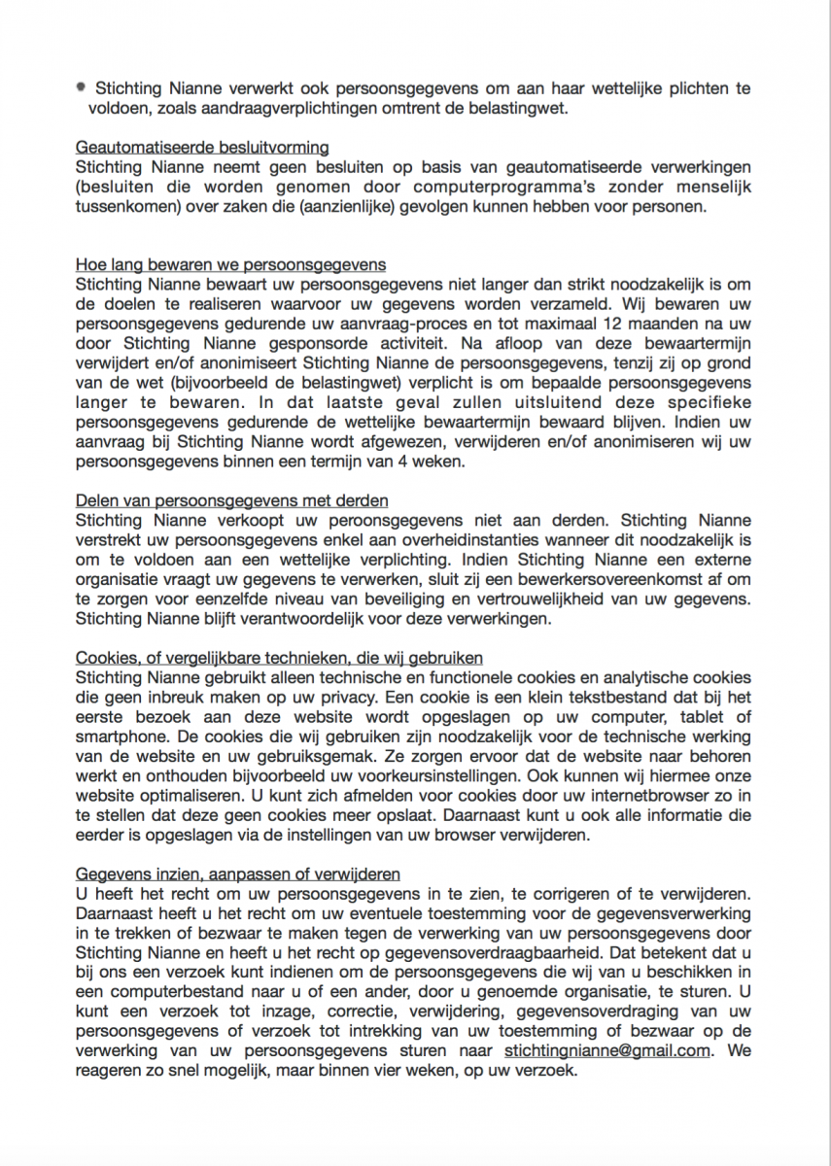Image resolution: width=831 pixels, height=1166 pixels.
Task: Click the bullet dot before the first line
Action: [82, 87]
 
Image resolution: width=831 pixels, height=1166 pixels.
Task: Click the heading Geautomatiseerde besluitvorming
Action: [202, 148]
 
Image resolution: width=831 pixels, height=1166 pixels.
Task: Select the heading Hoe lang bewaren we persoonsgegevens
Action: [230, 264]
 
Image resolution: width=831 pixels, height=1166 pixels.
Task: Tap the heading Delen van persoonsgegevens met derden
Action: [231, 500]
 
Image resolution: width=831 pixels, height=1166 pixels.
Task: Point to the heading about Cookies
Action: [279, 658]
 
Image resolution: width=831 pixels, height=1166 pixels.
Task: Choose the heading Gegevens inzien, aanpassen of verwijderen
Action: [238, 874]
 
